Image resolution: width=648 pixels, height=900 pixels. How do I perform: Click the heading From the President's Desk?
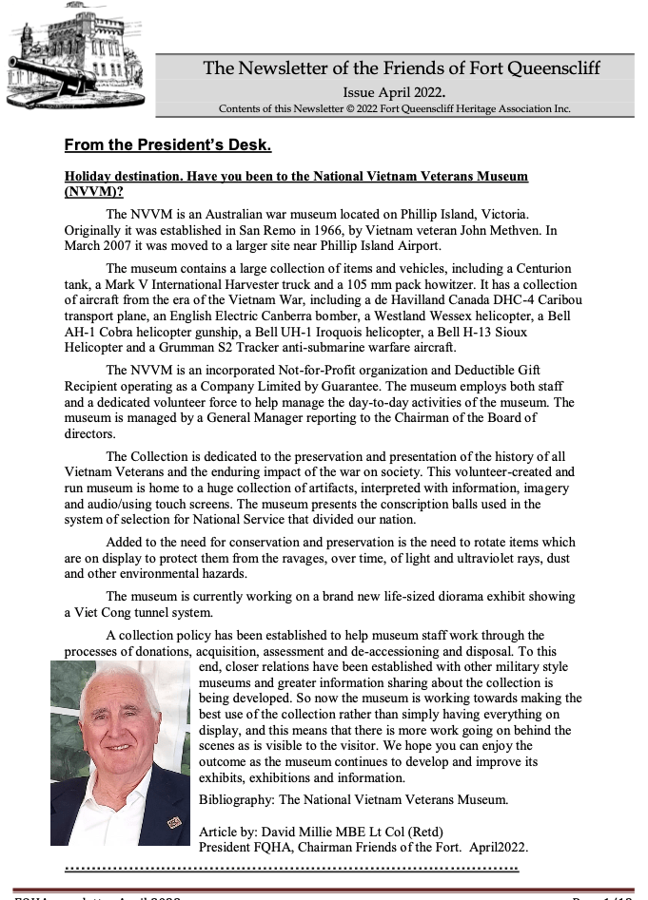tap(167, 145)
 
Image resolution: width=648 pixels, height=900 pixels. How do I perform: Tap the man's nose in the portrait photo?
tap(121, 737)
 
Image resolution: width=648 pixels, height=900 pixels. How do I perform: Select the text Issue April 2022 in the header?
tap(394, 93)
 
